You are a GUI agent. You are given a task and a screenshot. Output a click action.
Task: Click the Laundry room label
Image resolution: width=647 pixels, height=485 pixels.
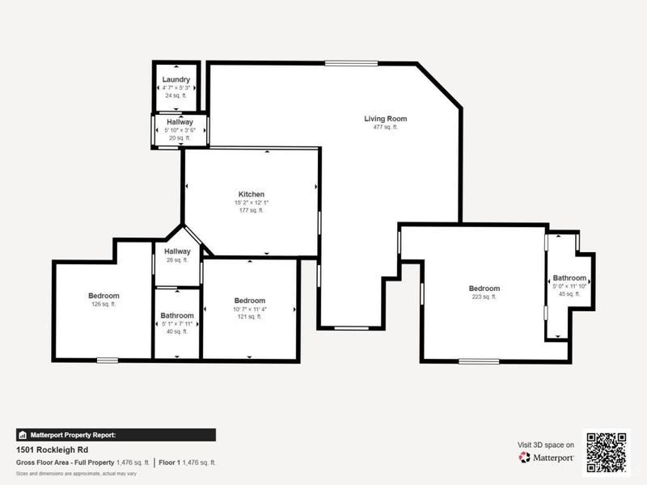[x=176, y=79]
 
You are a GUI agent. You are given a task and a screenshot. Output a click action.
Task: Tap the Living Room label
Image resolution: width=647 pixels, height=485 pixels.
[x=385, y=119]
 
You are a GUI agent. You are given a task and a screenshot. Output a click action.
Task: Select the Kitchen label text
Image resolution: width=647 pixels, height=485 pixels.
[x=251, y=194]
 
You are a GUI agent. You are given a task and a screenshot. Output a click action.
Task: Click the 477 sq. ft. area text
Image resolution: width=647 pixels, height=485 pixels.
[x=385, y=128]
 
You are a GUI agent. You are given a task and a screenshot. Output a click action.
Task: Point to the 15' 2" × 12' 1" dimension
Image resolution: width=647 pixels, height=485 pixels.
[x=251, y=202]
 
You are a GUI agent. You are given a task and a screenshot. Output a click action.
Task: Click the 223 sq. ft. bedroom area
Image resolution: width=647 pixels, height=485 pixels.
[x=484, y=297]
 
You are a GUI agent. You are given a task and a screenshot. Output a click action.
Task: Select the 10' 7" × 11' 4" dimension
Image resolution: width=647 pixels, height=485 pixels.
[x=249, y=309]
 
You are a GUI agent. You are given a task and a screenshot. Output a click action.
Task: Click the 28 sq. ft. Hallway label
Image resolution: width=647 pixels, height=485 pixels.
[x=177, y=251]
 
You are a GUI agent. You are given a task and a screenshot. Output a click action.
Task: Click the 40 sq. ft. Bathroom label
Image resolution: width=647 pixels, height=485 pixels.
[x=176, y=315]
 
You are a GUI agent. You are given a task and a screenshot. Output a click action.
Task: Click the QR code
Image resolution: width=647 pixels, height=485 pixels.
[x=606, y=452]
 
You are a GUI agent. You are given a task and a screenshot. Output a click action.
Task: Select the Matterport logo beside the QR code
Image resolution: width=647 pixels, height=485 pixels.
[x=547, y=457]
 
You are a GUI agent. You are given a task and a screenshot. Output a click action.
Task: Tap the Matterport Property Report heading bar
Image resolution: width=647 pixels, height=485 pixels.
[x=115, y=435]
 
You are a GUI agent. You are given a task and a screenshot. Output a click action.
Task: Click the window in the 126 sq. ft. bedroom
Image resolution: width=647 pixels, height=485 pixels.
[x=107, y=360]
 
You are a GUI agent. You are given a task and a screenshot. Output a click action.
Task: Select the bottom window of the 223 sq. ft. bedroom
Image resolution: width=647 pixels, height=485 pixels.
[x=479, y=361]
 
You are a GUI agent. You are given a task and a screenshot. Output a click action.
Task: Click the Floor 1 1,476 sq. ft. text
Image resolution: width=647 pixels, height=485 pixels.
[x=187, y=462]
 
